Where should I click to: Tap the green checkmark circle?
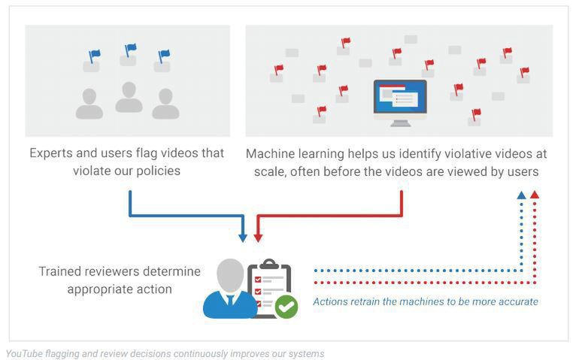[286, 306]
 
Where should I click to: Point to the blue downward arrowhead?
[242, 237]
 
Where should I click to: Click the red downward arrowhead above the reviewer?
[258, 237]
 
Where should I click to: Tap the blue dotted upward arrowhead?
[522, 195]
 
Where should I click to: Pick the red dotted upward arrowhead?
[535, 195]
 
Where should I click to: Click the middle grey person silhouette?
[129, 97]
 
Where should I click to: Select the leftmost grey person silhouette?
[89, 104]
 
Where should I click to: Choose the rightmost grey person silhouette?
[165, 104]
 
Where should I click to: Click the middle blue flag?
[130, 50]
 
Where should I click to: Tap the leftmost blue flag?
[94, 55]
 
